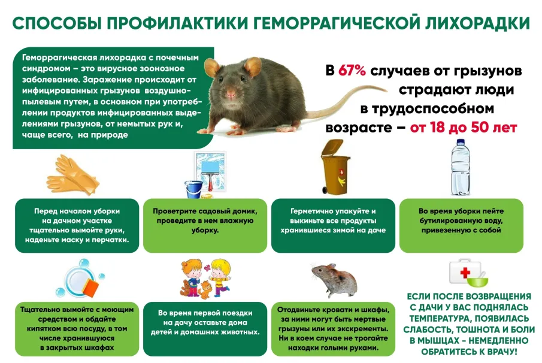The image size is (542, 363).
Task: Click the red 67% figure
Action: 353,70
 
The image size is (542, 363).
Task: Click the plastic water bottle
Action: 461,169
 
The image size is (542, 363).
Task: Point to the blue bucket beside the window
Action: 192,189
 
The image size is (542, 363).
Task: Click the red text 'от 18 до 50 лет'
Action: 464,128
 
